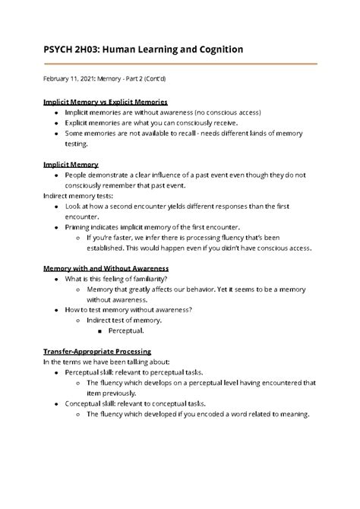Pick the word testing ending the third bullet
click(77, 143)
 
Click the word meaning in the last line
click(292, 415)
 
